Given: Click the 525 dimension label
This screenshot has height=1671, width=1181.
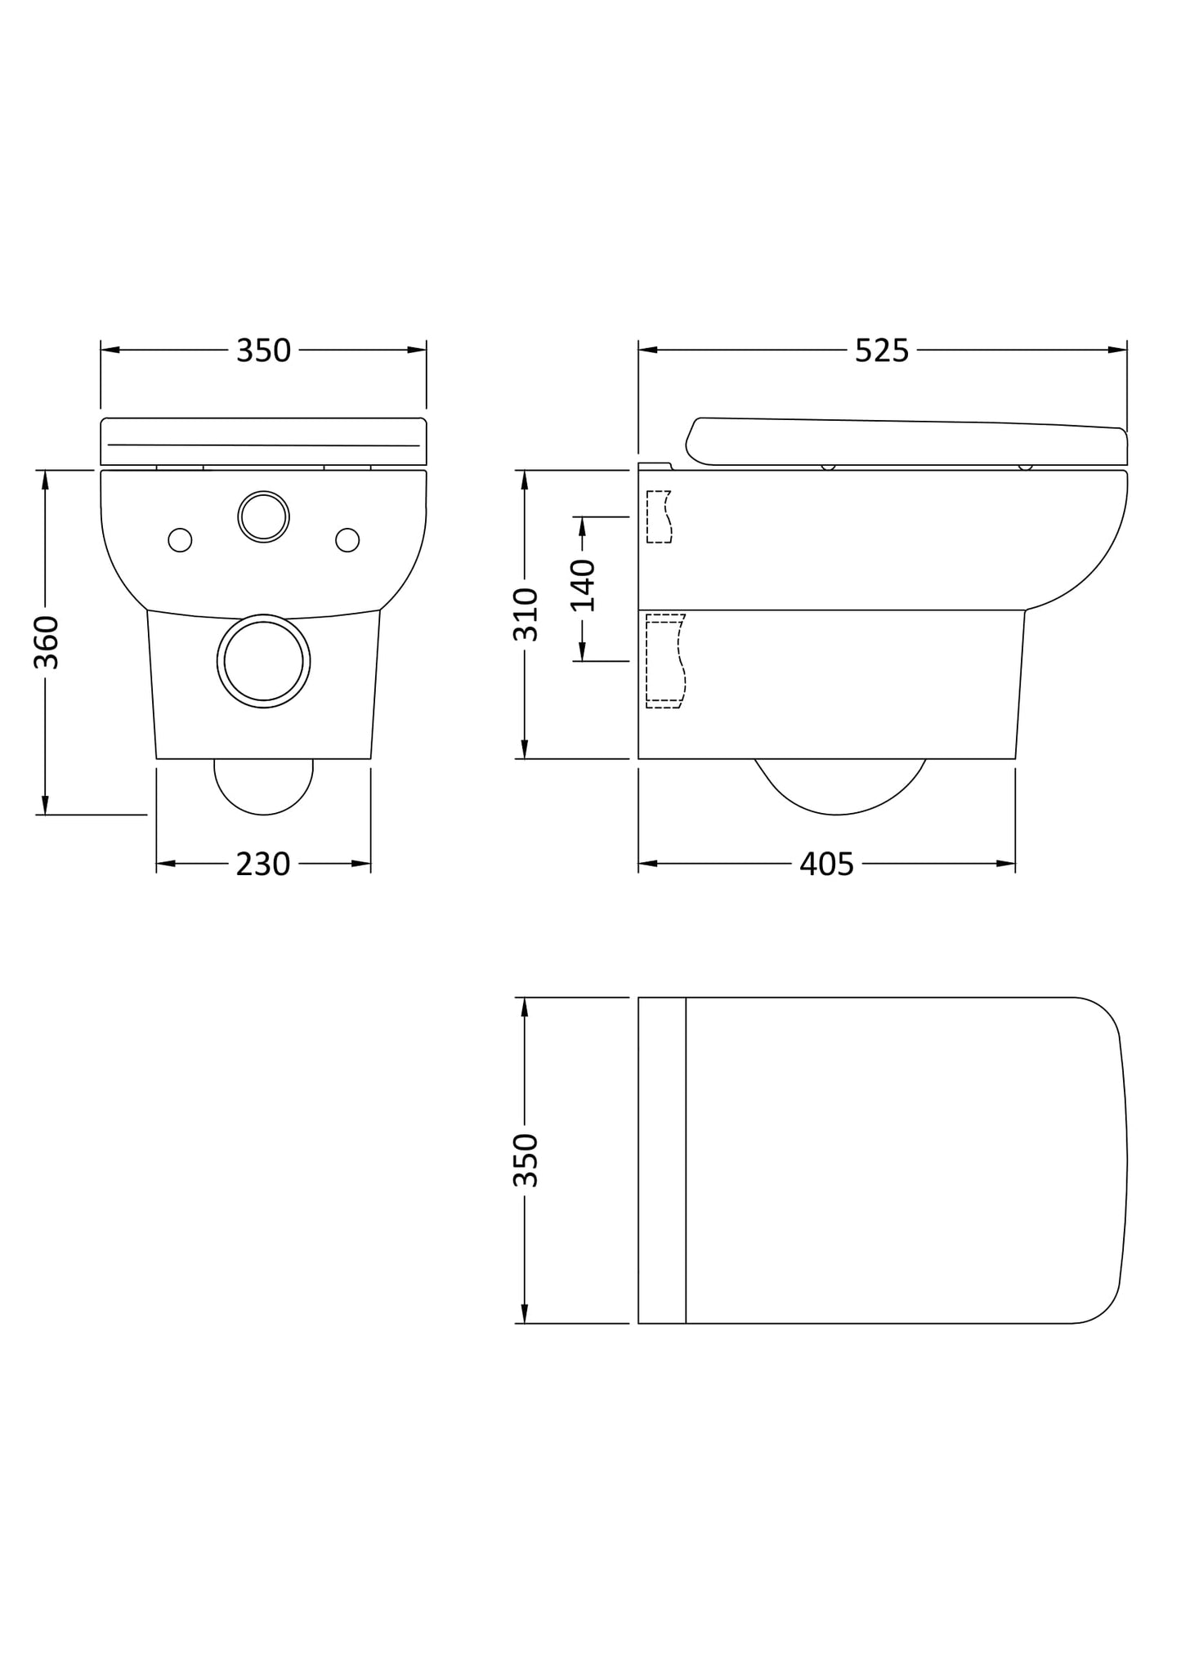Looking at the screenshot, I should [x=882, y=351].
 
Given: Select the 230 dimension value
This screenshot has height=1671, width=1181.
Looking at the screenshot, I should [x=263, y=864].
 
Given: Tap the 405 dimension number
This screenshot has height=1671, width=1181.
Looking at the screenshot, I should [x=826, y=864].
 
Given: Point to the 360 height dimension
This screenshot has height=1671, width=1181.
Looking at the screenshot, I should [x=47, y=642].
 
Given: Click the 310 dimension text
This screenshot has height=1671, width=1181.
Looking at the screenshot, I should [x=526, y=614].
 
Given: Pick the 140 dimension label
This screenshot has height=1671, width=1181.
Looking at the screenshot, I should [x=583, y=586].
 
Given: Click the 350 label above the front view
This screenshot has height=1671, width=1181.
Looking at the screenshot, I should [x=263, y=351].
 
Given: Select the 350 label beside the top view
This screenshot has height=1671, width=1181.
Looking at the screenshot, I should [x=526, y=1160].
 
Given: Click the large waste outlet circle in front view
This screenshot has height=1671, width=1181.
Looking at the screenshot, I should [x=263, y=661].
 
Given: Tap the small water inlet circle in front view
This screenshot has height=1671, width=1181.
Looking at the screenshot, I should [x=263, y=516].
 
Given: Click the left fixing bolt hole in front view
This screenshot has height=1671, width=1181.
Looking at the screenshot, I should [x=180, y=540].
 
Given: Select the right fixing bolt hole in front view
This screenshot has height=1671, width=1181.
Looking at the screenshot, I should [x=347, y=540].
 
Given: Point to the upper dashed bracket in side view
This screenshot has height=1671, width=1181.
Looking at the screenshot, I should [x=659, y=517].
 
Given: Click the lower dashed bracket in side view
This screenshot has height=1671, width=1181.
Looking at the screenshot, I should [x=664, y=661].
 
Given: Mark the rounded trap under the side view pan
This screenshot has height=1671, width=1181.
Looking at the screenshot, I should [x=839, y=788].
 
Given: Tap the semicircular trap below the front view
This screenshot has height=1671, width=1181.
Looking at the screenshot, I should [x=263, y=786].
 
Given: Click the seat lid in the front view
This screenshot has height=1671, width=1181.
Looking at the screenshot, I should [x=263, y=441].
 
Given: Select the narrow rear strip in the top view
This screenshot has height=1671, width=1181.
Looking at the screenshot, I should [x=661, y=1160].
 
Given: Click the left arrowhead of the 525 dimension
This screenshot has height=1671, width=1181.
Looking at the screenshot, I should [x=648, y=351].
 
